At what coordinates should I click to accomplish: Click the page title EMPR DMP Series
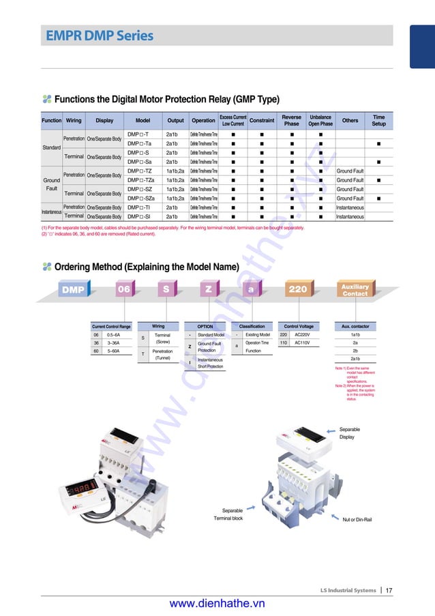pos(100,35)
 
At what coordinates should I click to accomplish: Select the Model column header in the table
pos(142,120)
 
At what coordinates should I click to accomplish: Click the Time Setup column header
pos(378,120)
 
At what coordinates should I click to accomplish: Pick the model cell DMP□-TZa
pos(140,180)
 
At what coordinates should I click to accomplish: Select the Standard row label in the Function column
pos(51,147)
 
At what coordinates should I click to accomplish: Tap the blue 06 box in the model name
pos(123,289)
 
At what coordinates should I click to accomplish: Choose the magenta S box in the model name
pos(166,289)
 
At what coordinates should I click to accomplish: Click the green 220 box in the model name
pos(297,289)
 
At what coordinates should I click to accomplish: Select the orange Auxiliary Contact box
pos(355,289)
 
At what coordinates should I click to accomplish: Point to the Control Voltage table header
pos(299,327)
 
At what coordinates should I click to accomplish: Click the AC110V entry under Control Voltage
pos(302,343)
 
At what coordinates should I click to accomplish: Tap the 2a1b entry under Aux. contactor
pos(355,359)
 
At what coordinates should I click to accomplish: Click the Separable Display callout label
pos(349,433)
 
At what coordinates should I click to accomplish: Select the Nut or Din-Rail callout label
pos(357,520)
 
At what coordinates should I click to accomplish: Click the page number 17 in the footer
pos(389,590)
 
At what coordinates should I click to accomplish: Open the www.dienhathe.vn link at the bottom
pos(217,604)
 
